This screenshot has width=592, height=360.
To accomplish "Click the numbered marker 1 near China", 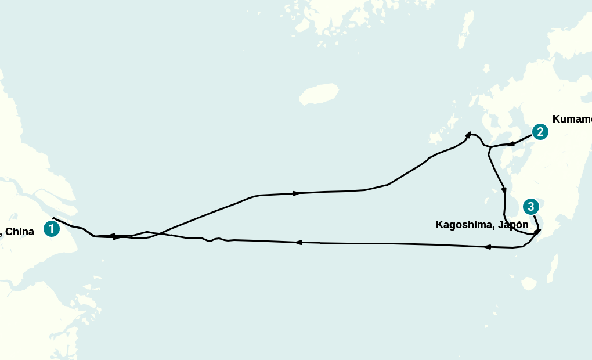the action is [x=52, y=229].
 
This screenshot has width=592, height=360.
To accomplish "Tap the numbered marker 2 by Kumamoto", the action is [x=540, y=132].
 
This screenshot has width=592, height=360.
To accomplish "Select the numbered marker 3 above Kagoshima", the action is [x=530, y=207].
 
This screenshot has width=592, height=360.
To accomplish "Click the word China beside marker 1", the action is [x=20, y=232].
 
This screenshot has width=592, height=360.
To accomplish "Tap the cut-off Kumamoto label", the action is [x=572, y=119].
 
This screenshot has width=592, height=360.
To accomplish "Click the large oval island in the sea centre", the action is [x=319, y=93].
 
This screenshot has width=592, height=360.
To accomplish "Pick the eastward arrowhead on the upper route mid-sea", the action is [x=296, y=193].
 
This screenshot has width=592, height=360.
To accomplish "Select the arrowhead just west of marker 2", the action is [x=511, y=144].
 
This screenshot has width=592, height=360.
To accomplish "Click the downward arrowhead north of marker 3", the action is [x=504, y=190].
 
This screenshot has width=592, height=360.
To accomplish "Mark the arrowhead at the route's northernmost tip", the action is [x=468, y=135].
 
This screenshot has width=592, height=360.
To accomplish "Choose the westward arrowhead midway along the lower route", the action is [x=299, y=242].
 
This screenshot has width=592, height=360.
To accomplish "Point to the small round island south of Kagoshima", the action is [x=528, y=283].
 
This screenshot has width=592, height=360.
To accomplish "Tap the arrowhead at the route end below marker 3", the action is [x=537, y=232].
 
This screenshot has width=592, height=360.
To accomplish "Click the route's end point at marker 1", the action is [x=53, y=218].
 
